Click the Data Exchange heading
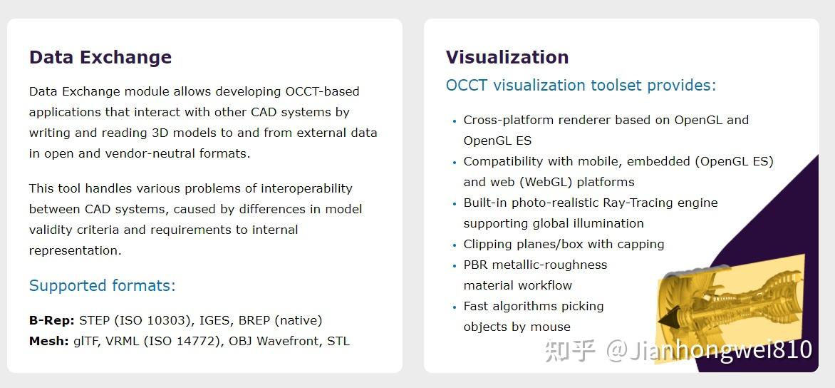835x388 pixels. click(100, 57)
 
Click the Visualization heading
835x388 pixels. click(507, 57)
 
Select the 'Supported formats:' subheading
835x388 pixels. click(102, 286)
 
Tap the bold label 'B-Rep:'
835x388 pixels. click(53, 320)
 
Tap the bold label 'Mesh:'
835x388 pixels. click(49, 341)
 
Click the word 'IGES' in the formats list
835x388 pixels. click(212, 320)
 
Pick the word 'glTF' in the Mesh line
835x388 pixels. click(87, 341)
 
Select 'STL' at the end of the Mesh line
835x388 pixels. click(338, 341)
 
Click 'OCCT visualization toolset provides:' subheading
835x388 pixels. click(581, 86)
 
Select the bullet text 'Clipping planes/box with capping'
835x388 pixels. click(564, 244)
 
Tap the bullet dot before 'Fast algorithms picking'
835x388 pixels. click(455, 307)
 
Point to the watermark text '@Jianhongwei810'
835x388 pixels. click(709, 350)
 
